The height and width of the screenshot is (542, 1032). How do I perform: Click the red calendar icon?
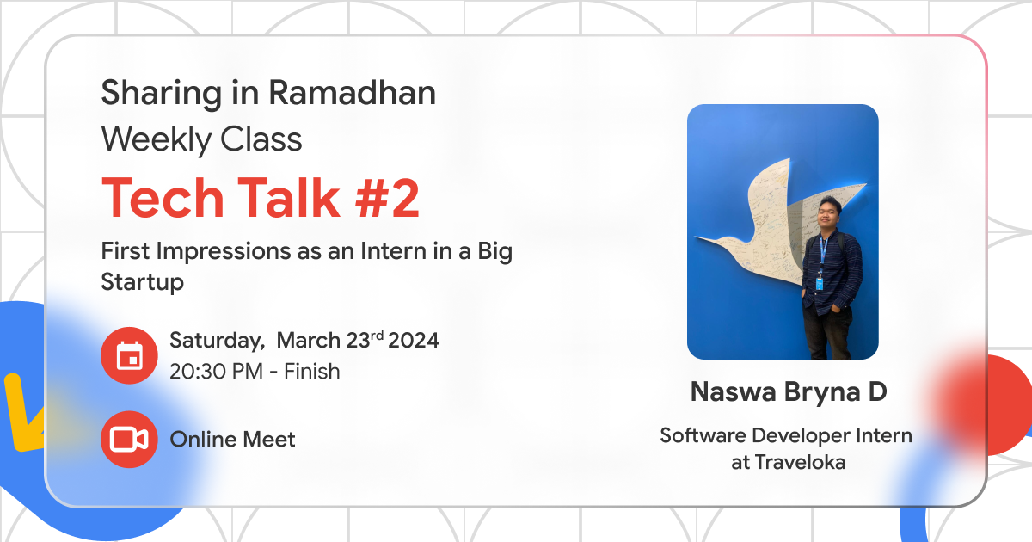click(x=129, y=355)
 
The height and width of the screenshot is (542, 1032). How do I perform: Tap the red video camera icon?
click(x=129, y=440)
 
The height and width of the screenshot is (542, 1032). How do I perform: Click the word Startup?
click(x=143, y=281)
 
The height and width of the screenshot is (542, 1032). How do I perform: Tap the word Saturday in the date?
click(x=216, y=340)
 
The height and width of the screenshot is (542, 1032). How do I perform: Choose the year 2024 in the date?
click(x=414, y=340)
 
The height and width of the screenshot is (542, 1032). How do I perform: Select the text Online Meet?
click(x=232, y=440)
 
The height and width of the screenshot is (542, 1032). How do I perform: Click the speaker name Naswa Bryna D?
click(x=789, y=392)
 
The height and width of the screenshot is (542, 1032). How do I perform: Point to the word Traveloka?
click(x=801, y=462)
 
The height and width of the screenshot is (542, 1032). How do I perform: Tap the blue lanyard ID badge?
click(x=820, y=281)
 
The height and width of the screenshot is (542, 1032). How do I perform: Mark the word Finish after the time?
click(x=312, y=372)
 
